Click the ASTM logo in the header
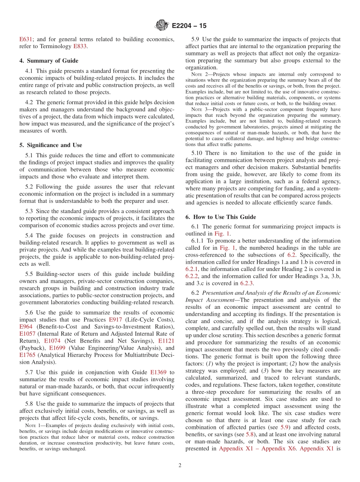pyautogui.click(x=161, y=26)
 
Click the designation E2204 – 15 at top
pyautogui.click(x=189, y=26)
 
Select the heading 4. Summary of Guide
pyautogui.click(x=49, y=61)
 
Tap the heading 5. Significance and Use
pyautogui.click(x=51, y=145)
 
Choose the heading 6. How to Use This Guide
pyautogui.click(x=221, y=217)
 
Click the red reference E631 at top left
pyautogui.click(x=26, y=39)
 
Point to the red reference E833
pyautogui.click(x=80, y=46)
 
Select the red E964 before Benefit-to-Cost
pyautogui.click(x=26, y=327)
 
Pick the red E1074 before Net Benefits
pyautogui.click(x=52, y=341)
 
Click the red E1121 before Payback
pyautogui.click(x=166, y=341)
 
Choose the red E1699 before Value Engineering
pyautogui.click(x=57, y=348)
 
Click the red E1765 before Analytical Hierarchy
pyautogui.click(x=27, y=355)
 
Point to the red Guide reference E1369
pyautogui.click(x=158, y=372)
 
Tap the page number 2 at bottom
pyautogui.click(x=180, y=465)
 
